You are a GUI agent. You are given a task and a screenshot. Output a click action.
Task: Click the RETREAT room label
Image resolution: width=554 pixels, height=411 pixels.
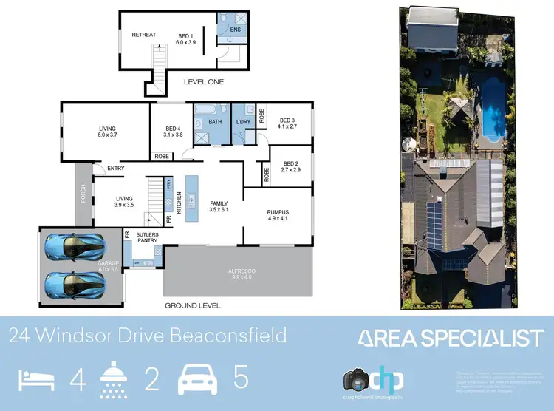click(x=144, y=35)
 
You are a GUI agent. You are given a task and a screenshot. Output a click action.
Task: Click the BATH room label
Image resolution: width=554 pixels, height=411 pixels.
click(x=216, y=121)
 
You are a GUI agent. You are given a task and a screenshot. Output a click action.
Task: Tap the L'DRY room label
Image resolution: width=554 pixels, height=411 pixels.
click(x=244, y=121)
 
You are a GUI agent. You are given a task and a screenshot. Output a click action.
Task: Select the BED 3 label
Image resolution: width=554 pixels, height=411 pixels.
click(x=287, y=120)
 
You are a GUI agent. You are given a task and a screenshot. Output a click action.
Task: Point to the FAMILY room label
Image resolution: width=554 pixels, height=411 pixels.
click(x=219, y=203)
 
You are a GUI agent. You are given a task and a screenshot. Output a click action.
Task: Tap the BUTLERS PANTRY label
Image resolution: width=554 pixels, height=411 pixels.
click(x=148, y=237)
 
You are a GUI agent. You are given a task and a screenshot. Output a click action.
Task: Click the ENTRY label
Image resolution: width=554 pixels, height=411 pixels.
click(x=115, y=169)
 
